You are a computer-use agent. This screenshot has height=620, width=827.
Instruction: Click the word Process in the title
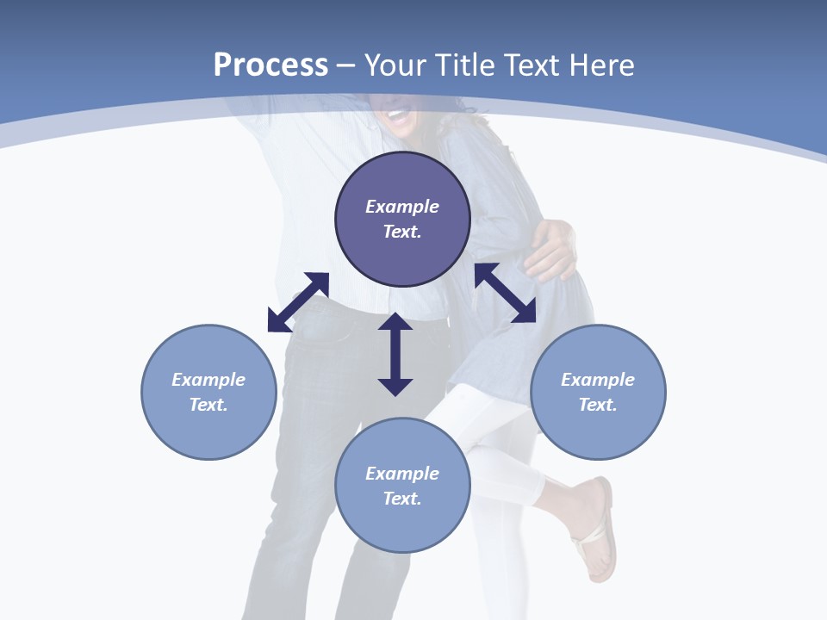click(270, 65)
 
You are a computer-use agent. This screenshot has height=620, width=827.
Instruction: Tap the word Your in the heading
click(397, 65)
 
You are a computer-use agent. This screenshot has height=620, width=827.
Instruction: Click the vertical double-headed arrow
click(395, 354)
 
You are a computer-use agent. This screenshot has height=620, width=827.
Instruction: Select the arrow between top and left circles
click(298, 302)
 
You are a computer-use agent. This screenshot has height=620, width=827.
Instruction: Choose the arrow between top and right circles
click(505, 293)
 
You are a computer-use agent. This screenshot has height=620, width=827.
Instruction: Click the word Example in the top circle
click(402, 207)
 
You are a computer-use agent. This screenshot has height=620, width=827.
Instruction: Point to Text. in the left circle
click(208, 405)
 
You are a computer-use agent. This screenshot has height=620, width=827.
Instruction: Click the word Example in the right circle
click(598, 380)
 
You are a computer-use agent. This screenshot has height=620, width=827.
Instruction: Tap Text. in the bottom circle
click(402, 499)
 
